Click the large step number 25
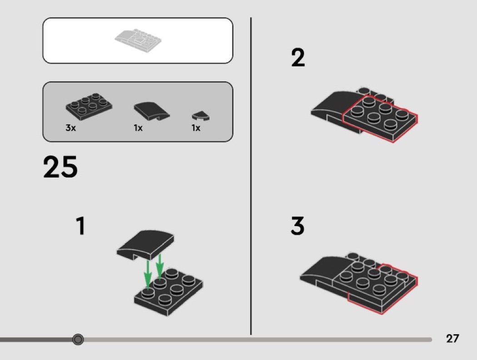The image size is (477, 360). tap(60, 167)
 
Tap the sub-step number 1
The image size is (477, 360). tap(80, 226)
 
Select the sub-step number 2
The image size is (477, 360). tap(298, 58)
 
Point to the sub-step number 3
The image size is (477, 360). tap(298, 226)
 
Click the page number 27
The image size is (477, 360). tap(452, 338)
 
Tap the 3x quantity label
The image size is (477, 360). tap(70, 128)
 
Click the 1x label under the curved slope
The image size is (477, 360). tap(138, 128)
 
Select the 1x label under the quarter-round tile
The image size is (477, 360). tap(196, 128)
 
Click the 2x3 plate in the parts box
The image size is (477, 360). tap(89, 106)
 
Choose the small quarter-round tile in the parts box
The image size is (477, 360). tap(201, 116)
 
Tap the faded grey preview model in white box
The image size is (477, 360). tap(138, 41)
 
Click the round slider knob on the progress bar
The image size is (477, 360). tap(78, 339)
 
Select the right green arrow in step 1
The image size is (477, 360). tap(160, 267)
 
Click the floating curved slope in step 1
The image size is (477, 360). tap(145, 245)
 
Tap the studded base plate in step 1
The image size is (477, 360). tap(169, 292)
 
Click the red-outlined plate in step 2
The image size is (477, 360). tap(380, 118)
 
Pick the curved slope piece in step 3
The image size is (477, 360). tap(323, 274)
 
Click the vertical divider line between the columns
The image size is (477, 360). tap(251, 176)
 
